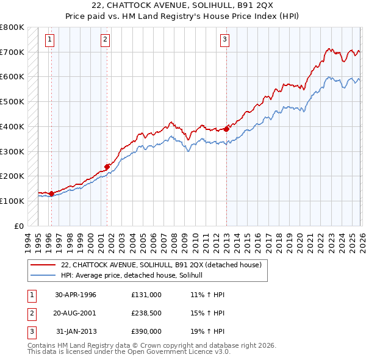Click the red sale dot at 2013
(x=226, y=129)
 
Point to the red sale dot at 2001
(x=107, y=166)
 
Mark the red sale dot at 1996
(x=51, y=193)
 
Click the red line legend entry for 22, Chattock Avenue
(x=161, y=265)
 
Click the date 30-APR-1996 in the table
(x=76, y=295)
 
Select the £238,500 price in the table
(x=146, y=313)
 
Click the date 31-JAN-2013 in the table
(x=76, y=331)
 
